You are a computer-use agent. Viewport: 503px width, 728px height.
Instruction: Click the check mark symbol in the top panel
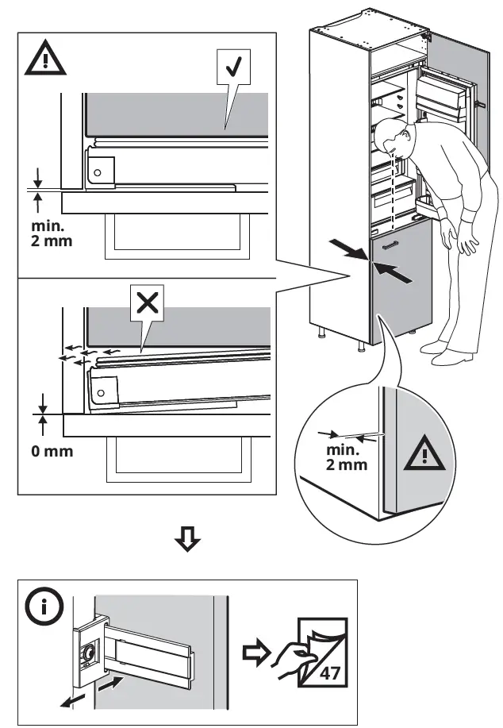pyautogui.click(x=232, y=68)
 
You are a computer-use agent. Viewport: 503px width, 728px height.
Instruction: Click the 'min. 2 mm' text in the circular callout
pyautogui.click(x=347, y=457)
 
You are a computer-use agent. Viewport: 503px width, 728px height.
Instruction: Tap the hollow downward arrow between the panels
pyautogui.click(x=188, y=541)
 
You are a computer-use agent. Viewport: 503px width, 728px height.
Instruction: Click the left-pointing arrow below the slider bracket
pyautogui.click(x=72, y=695)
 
